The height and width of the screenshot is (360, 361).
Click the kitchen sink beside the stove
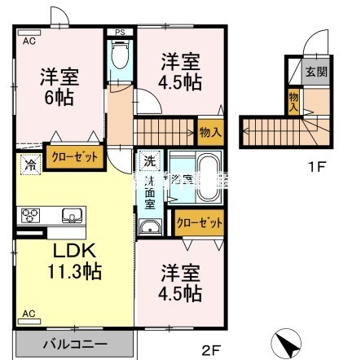(70, 217)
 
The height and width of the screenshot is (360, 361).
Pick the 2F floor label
(211, 351)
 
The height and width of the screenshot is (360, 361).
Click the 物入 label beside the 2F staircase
(209, 132)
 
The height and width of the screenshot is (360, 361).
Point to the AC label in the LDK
(29, 313)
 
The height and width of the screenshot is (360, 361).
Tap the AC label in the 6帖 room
(29, 38)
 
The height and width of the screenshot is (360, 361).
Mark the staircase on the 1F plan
(269, 130)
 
